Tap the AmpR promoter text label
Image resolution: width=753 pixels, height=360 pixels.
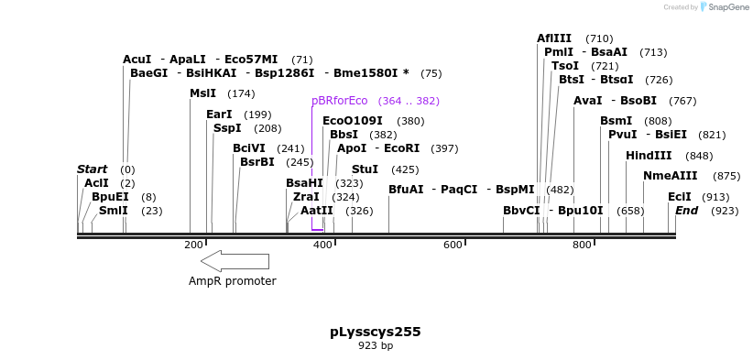(x=232, y=281)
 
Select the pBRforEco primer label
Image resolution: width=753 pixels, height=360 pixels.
(x=340, y=101)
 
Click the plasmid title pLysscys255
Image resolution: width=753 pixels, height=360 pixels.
(x=376, y=332)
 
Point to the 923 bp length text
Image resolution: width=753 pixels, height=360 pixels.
(x=376, y=346)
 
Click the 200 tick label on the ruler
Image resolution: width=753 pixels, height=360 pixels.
(x=193, y=245)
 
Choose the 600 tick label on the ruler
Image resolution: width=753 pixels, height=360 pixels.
(x=453, y=245)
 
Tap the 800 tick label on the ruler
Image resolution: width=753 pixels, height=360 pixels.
(x=582, y=245)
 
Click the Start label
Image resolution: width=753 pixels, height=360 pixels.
(x=92, y=169)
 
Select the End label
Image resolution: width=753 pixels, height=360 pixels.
(x=687, y=211)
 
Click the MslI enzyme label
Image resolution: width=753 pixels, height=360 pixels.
(x=202, y=93)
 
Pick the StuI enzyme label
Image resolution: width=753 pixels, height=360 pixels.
(x=365, y=169)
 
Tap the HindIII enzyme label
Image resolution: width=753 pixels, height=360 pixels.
(x=649, y=156)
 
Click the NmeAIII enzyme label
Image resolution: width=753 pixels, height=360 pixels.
(x=670, y=176)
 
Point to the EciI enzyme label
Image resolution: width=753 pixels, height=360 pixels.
(x=679, y=197)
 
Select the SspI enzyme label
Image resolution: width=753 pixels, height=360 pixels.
(x=227, y=128)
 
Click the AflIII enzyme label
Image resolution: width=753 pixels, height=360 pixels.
(x=554, y=38)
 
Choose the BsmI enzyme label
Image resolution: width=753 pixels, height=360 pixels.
(x=616, y=121)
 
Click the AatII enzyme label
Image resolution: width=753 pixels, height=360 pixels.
(x=317, y=211)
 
